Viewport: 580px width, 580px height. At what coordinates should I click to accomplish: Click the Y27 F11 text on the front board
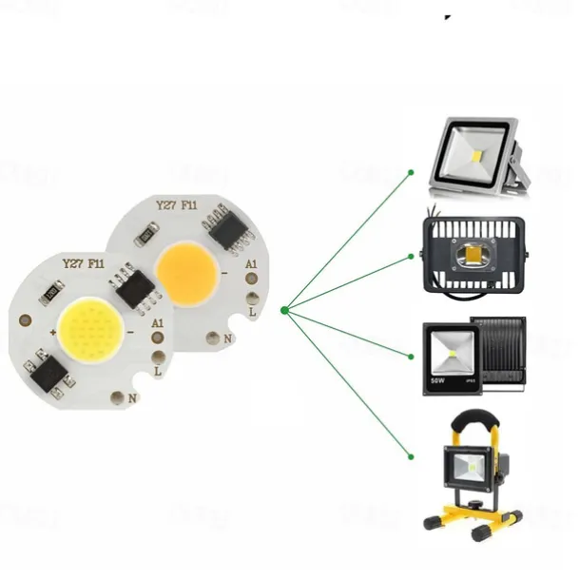pyautogui.click(x=83, y=264)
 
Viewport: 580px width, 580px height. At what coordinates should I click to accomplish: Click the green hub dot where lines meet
pyautogui.click(x=284, y=310)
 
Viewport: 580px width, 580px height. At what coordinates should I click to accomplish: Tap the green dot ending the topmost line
pyautogui.click(x=411, y=172)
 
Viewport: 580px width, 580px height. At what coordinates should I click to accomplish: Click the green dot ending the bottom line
pyautogui.click(x=411, y=454)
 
